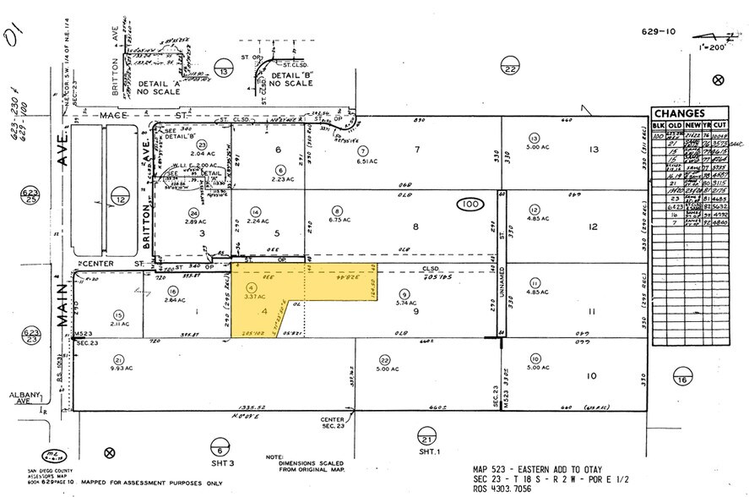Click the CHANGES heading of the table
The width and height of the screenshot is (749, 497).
point(678,113)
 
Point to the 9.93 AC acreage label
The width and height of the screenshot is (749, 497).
point(117,368)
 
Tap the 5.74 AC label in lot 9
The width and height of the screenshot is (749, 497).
point(403,303)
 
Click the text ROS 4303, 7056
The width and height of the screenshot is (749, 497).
point(504,489)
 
